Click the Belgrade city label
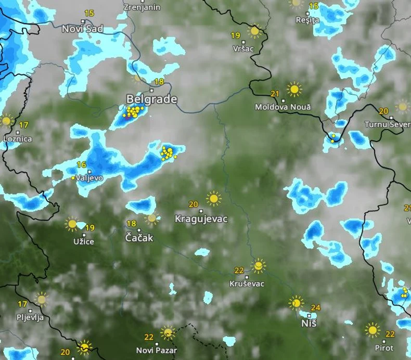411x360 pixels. coord(152,99)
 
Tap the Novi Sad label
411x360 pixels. coord(83,29)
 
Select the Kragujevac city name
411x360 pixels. coord(201,219)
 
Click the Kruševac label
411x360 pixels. coord(247,284)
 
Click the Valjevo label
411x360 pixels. coord(89,178)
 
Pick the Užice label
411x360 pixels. coord(84,242)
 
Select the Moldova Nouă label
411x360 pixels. coord(282,107)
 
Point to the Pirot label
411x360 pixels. coord(384,348)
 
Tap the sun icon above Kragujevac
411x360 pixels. coord(213,198)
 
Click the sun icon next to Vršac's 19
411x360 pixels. coord(254,31)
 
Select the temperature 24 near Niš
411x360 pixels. coord(315,307)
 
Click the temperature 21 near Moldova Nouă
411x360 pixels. coord(275,94)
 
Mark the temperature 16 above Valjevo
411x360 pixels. coord(81,164)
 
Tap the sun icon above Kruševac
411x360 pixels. coord(258,266)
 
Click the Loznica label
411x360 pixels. coord(18,139)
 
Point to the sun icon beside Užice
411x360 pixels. coord(72,224)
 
